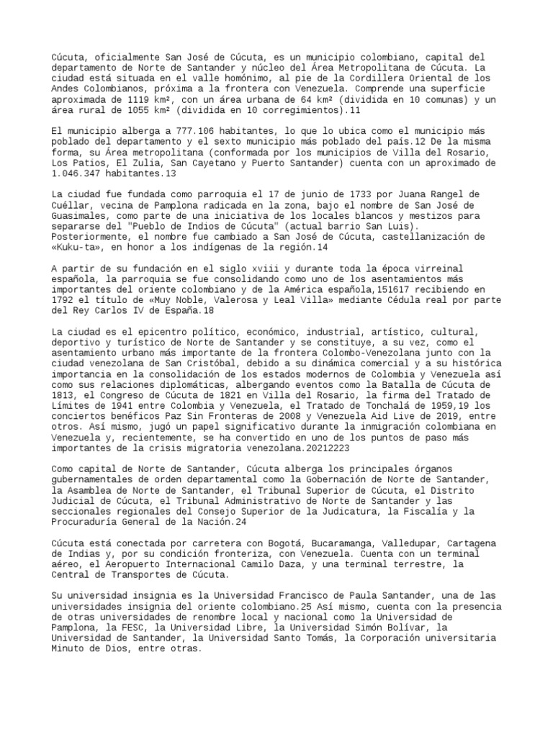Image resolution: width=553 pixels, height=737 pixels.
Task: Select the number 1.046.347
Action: (78, 173)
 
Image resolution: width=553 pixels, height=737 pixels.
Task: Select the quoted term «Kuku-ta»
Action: (78, 247)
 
